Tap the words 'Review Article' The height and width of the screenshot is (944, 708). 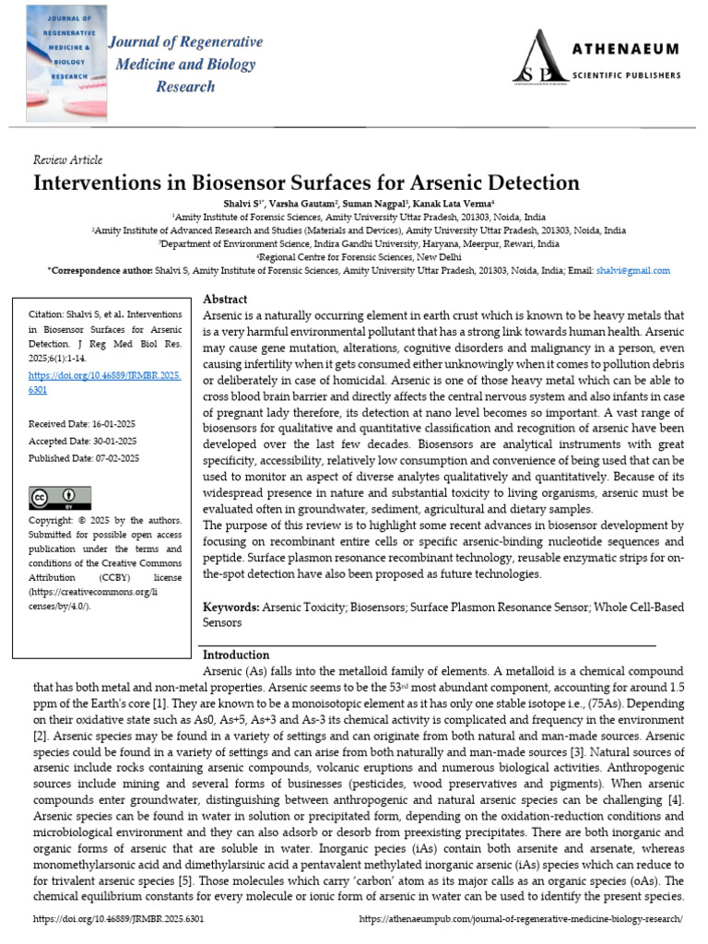pyautogui.click(x=68, y=159)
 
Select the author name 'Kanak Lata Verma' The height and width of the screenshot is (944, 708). pyautogui.click(x=453, y=202)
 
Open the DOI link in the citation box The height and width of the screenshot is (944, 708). pyautogui.click(x=105, y=383)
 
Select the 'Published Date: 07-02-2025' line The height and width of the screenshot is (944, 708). pyautogui.click(x=84, y=458)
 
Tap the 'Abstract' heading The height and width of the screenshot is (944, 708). pyautogui.click(x=225, y=300)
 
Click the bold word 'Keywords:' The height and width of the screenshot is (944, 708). pyautogui.click(x=231, y=608)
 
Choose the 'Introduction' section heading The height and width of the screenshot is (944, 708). pyautogui.click(x=236, y=655)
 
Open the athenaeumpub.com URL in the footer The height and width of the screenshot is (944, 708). pyautogui.click(x=520, y=920)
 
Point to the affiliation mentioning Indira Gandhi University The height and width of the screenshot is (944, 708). pyautogui.click(x=359, y=244)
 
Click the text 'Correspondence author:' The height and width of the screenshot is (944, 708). pyautogui.click(x=95, y=271)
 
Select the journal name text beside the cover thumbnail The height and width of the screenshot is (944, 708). pyautogui.click(x=185, y=65)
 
